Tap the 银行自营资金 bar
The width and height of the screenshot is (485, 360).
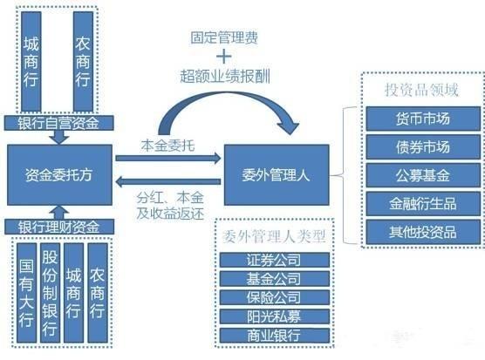click(58, 122)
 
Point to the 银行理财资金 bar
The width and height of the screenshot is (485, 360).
click(59, 228)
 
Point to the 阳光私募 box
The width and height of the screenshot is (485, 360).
click(272, 316)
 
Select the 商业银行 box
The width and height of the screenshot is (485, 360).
click(272, 335)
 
